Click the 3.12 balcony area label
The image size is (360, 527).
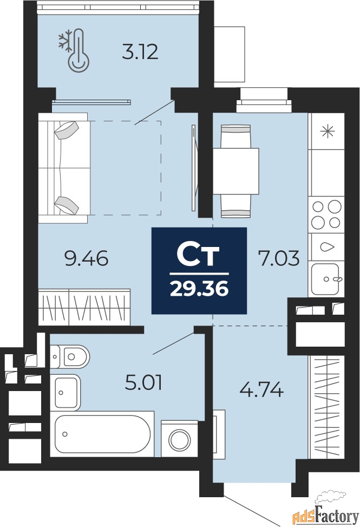(140, 53)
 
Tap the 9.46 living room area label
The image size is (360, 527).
(87, 259)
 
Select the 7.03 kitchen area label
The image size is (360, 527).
(278, 259)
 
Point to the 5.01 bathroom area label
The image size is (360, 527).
(143, 383)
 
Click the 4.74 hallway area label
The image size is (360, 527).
(261, 390)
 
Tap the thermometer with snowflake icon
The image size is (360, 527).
(74, 51)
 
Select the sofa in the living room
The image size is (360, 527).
(63, 168)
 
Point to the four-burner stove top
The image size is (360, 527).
(326, 215)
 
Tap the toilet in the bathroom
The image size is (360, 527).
(70, 356)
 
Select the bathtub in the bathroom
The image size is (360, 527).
(102, 434)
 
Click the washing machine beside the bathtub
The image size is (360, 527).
(179, 438)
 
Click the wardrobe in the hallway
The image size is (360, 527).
(326, 406)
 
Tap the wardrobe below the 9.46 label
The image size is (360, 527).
(84, 307)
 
